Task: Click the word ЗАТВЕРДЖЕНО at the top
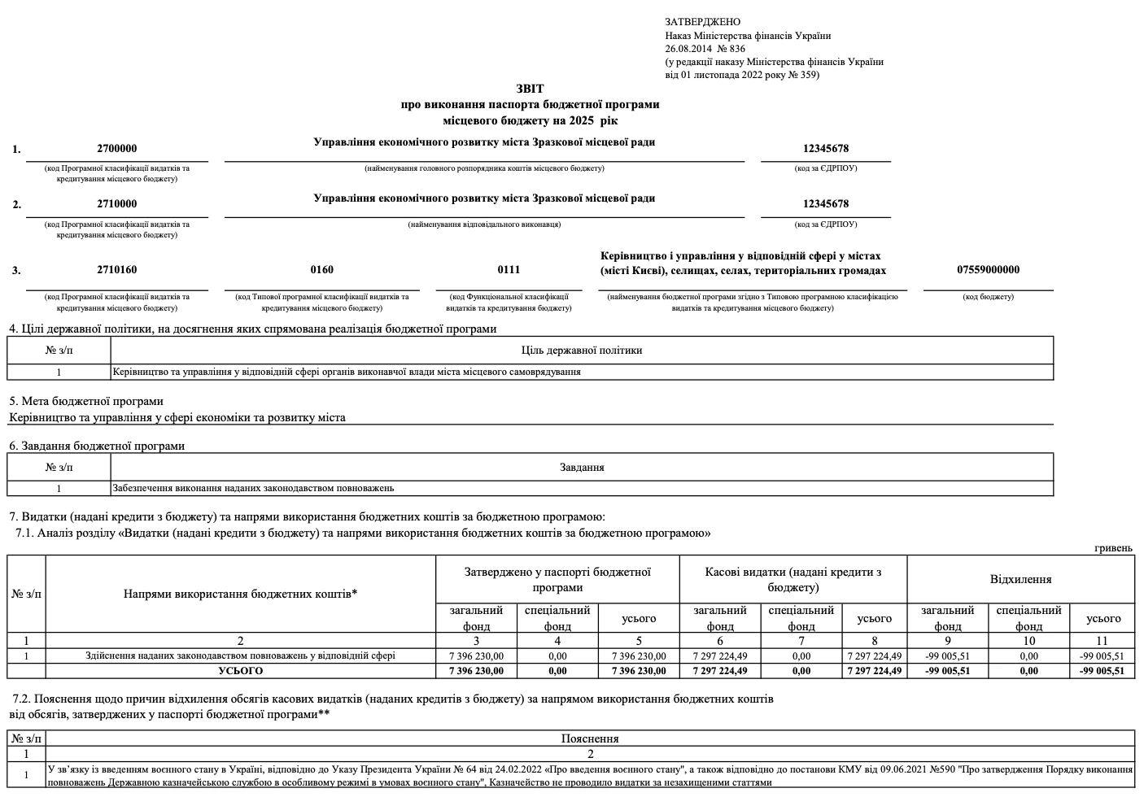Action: [x=702, y=22]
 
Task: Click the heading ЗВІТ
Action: [x=529, y=89]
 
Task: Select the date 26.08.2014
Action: [x=688, y=49]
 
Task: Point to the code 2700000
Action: [x=116, y=149]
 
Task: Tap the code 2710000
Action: [x=116, y=204]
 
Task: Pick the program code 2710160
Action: [x=116, y=270]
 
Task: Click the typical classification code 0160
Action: [x=321, y=270]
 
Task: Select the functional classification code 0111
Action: [x=509, y=270]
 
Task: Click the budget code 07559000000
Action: [x=988, y=270]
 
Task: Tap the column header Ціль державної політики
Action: [x=581, y=351]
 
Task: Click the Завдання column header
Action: [x=581, y=468]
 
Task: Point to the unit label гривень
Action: [x=1113, y=548]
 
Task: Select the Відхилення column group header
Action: [x=1020, y=580]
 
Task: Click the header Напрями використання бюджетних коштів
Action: [x=240, y=594]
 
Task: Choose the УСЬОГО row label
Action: [x=240, y=671]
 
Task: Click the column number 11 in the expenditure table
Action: [x=1103, y=641]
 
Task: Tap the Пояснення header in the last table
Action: [x=590, y=739]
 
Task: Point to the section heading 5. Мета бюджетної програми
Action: [x=86, y=401]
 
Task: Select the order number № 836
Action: [x=731, y=49]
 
